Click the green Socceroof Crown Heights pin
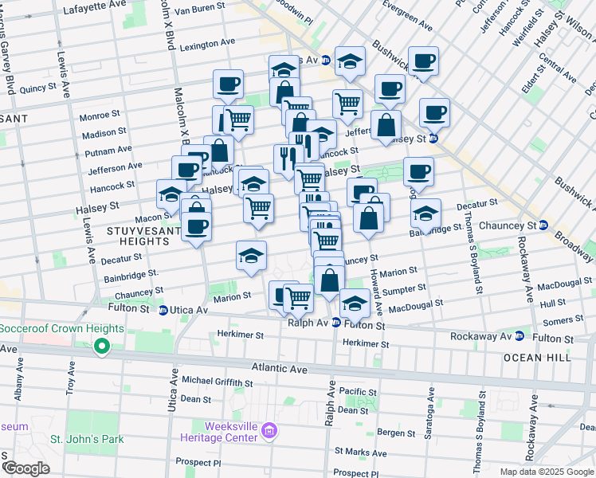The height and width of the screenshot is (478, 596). pos(102,347)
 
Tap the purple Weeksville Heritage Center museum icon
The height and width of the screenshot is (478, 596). pos(269,432)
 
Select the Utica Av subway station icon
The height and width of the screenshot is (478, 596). pos(163,310)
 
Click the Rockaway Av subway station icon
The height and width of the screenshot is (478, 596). pos(520,335)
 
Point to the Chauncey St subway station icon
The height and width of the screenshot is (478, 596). pos(542,225)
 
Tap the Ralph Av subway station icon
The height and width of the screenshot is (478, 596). pos(336,323)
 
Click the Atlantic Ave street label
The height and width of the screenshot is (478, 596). pos(280,369)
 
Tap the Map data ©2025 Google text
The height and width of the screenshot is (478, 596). pos(546,472)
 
